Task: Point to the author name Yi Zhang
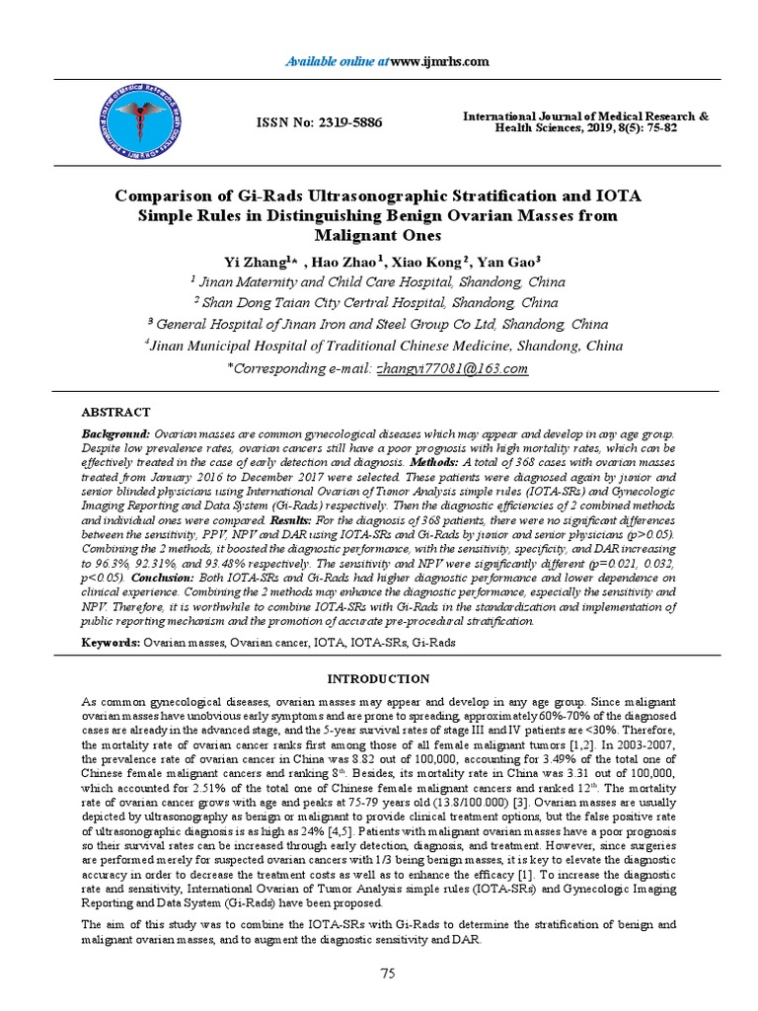coord(254,262)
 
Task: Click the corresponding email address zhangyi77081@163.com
coord(452,368)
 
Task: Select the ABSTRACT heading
coord(115,412)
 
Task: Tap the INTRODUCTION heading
coord(379,678)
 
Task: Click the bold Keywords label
coord(112,643)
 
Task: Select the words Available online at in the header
coord(337,61)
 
